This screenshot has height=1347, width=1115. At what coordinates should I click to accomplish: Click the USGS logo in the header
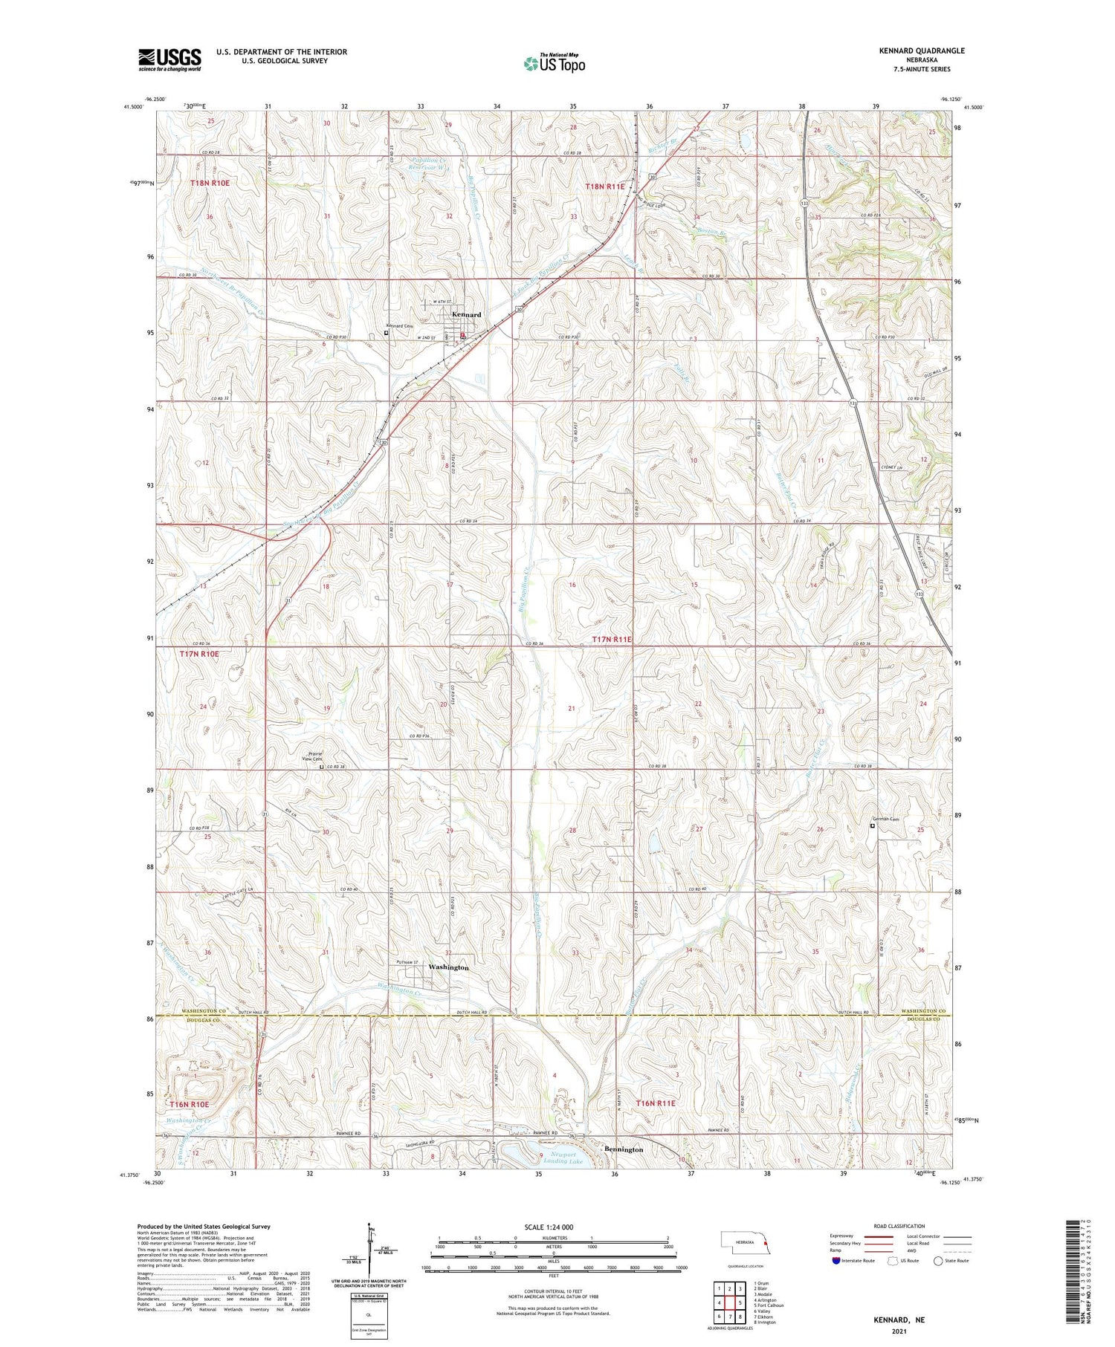[x=169, y=59]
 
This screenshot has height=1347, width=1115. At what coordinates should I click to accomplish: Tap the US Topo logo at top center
[x=555, y=63]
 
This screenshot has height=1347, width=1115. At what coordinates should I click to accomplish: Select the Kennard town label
[x=466, y=314]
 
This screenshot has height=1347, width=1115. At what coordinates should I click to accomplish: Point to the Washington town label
[x=448, y=967]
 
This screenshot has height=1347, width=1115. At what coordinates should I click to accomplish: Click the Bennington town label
[x=624, y=1149]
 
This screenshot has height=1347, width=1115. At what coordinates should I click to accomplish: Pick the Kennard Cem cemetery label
[x=399, y=326]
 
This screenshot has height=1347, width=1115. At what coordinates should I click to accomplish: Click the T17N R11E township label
[x=613, y=640]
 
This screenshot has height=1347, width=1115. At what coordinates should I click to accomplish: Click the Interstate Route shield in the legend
[x=837, y=1261]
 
